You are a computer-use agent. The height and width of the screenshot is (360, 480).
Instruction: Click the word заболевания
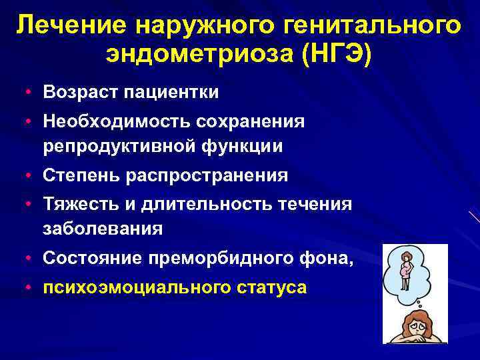[x=103, y=229]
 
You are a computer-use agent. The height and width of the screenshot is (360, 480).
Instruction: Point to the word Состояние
[x=86, y=258]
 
